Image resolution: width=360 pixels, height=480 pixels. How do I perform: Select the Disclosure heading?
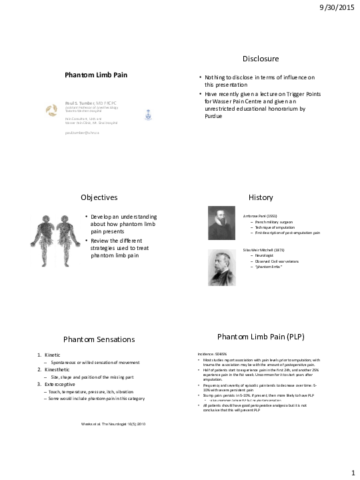(x=261, y=59)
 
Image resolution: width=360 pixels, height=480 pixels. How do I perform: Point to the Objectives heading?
(x=99, y=198)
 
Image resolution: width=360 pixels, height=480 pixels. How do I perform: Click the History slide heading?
(x=261, y=198)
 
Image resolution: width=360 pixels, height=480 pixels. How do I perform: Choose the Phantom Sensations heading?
(x=99, y=339)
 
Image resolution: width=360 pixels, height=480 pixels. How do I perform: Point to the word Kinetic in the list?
(x=52, y=355)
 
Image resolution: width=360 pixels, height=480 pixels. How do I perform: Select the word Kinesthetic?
(x=57, y=369)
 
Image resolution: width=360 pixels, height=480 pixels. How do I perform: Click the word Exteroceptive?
(x=60, y=384)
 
